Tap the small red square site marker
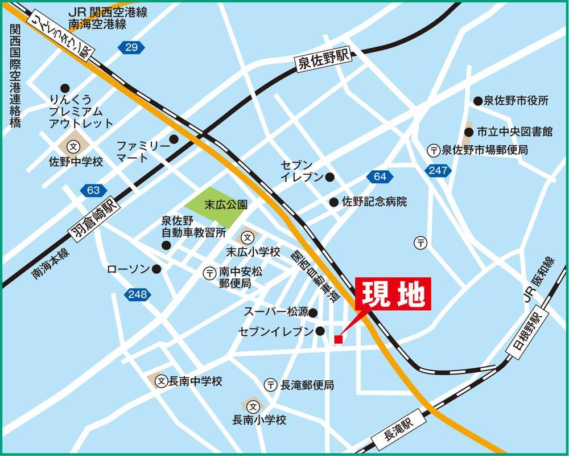339,340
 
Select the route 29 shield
131,48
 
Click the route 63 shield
94,190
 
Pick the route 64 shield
380,177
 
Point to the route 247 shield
438,170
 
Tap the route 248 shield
137,294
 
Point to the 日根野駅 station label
529,335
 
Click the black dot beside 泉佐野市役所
478,101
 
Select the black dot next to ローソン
156,269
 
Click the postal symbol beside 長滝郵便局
271,385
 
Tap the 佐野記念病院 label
374,202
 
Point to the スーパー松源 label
276,312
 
